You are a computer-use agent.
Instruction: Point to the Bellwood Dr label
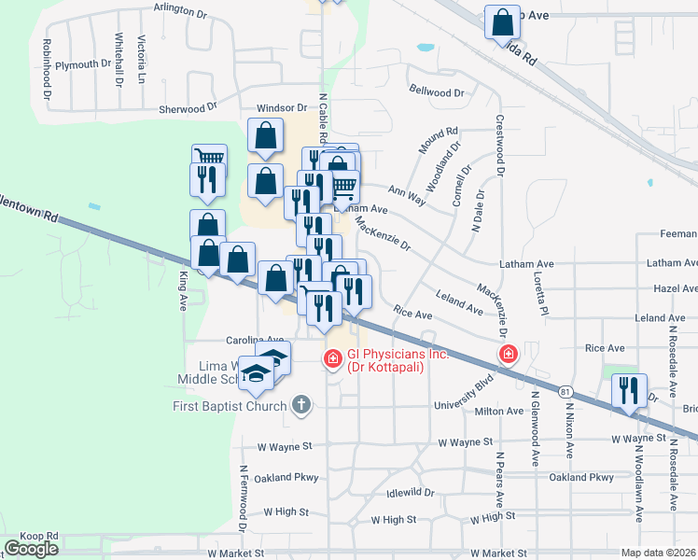[436, 92]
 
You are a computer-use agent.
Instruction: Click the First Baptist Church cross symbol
[300, 405]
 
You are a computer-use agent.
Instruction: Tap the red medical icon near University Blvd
[508, 354]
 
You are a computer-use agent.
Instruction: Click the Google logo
[31, 549]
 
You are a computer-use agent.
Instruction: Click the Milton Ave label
[499, 411]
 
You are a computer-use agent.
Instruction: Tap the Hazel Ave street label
[676, 289]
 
